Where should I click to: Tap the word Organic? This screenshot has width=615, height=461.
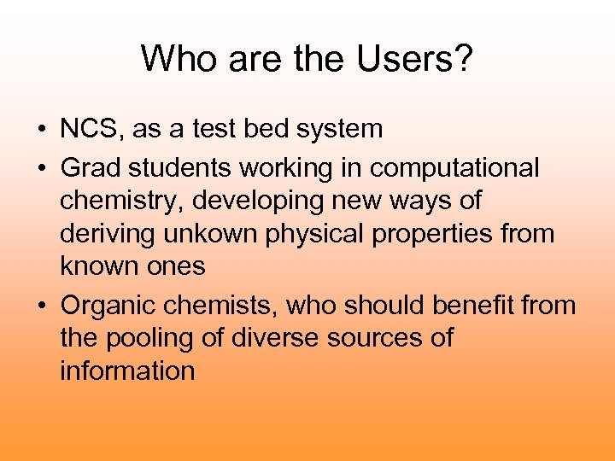[109, 305]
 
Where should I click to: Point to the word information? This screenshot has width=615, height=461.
[127, 371]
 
